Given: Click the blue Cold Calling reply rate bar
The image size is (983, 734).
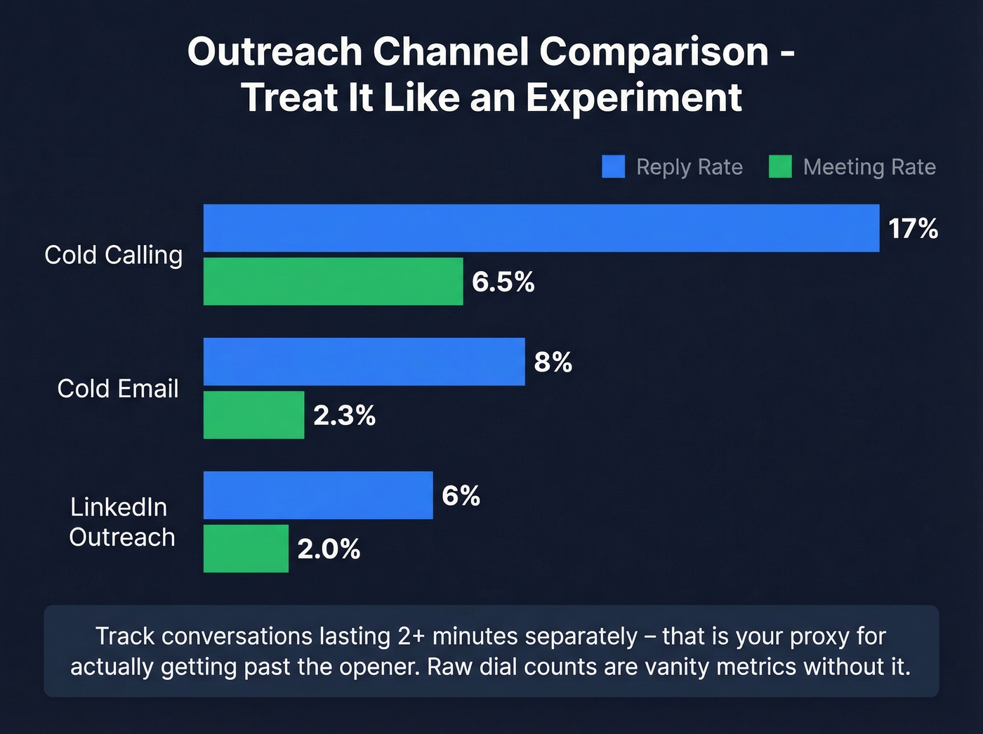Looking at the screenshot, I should [x=541, y=228].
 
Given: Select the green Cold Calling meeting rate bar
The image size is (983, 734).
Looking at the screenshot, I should [x=333, y=282].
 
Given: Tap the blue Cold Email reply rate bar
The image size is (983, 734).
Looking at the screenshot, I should [x=364, y=362].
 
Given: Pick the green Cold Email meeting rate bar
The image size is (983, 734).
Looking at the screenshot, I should [x=253, y=415].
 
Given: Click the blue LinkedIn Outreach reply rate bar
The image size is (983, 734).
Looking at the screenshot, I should [x=318, y=495].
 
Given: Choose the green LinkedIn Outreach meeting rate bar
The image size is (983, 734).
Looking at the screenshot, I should [x=246, y=549].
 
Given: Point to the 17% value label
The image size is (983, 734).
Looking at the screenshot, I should [x=913, y=229].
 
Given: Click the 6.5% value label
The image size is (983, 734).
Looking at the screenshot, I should [x=503, y=282].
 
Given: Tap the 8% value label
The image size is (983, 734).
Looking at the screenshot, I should [x=553, y=362].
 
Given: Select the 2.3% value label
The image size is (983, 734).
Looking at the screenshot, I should [x=344, y=416].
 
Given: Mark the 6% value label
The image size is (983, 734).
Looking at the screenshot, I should [x=461, y=496].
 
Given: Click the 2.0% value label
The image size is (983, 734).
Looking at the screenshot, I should [x=329, y=549].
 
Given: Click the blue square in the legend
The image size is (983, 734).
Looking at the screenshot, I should [x=613, y=167].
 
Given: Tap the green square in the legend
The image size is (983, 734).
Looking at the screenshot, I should [x=780, y=167].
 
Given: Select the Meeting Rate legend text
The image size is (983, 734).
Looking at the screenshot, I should [x=869, y=167].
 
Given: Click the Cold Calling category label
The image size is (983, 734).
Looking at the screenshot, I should [x=113, y=255].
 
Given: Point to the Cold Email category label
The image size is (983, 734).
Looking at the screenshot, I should [x=118, y=388].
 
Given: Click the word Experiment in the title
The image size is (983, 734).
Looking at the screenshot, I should [x=633, y=98].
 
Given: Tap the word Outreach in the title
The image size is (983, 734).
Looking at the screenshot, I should [x=274, y=52].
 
